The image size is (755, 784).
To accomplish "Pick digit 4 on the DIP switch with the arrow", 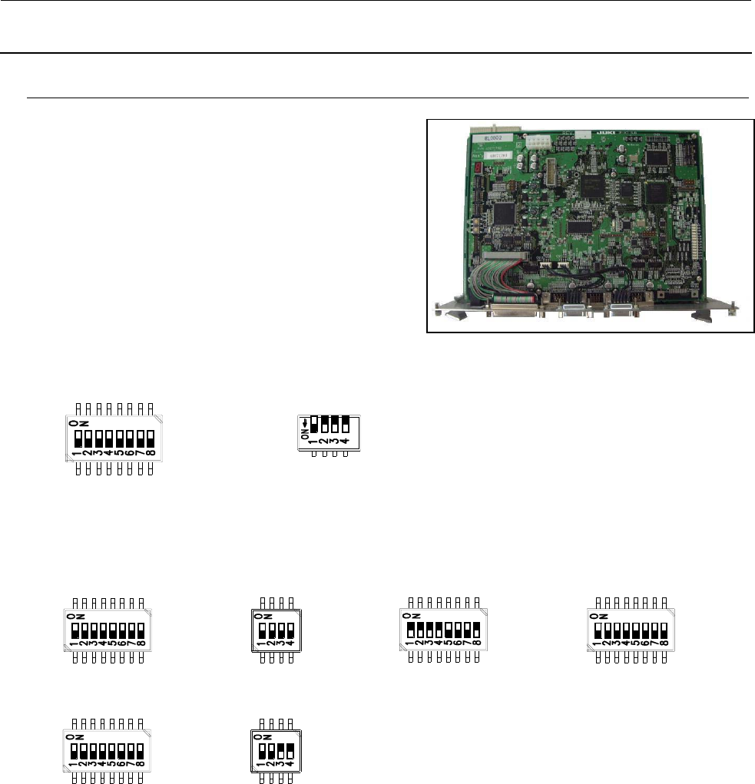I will [344, 441].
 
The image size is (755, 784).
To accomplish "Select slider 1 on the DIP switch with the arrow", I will [313, 423].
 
